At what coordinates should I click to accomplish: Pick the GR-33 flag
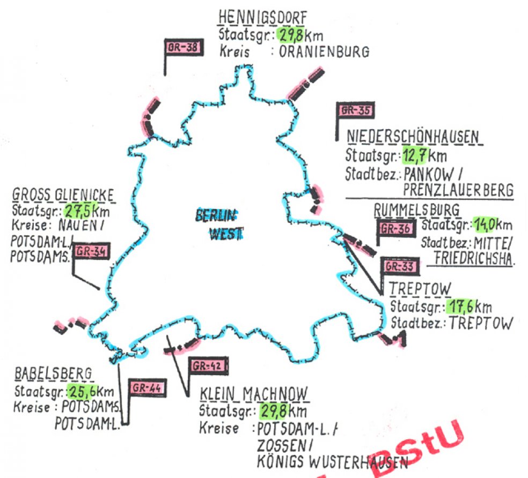tap(398, 266)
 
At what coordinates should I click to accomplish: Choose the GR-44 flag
tap(146, 387)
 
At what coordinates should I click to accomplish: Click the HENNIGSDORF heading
tap(262, 18)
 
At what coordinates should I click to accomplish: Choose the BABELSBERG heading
tap(53, 374)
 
